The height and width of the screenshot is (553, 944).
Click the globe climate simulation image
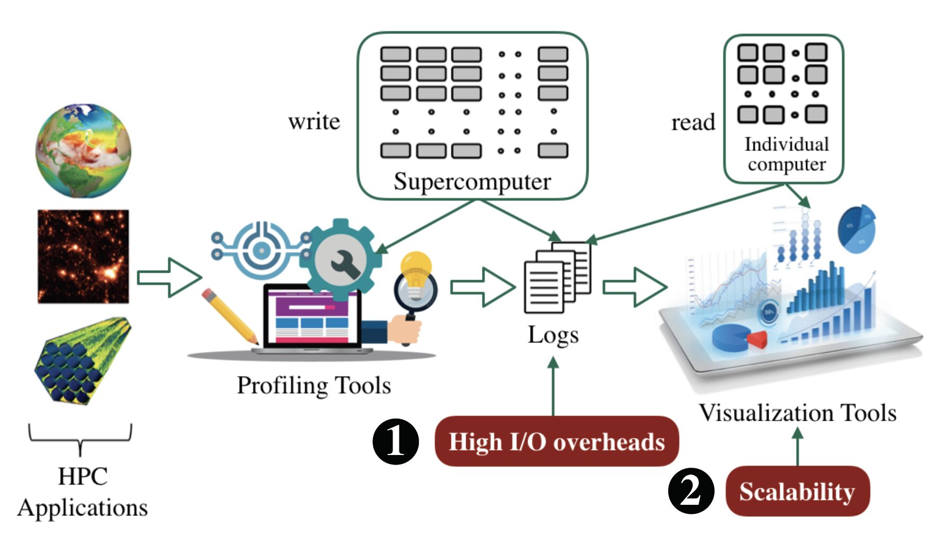click(x=83, y=151)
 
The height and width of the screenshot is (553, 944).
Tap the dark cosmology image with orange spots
click(x=83, y=256)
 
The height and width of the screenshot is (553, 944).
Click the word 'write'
click(x=314, y=122)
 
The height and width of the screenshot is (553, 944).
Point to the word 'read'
click(x=693, y=122)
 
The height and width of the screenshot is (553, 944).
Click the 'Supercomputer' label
click(x=472, y=182)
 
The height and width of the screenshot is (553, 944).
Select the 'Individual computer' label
click(x=787, y=154)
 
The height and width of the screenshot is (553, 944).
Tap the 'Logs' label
click(x=553, y=335)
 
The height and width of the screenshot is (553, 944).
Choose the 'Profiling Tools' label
click(x=314, y=386)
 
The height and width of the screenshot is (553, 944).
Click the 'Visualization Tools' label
click(x=797, y=413)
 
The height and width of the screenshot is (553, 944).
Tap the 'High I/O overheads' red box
click(x=556, y=441)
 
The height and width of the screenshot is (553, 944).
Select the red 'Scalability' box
click(x=797, y=491)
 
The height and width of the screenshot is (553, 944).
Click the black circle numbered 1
click(x=395, y=441)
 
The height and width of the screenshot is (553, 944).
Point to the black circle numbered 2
click(x=691, y=491)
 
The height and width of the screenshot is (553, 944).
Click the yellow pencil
click(x=229, y=316)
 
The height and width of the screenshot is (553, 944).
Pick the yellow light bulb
click(x=416, y=267)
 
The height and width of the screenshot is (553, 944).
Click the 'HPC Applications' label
click(x=83, y=492)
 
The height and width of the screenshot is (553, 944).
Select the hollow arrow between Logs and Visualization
click(x=635, y=287)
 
